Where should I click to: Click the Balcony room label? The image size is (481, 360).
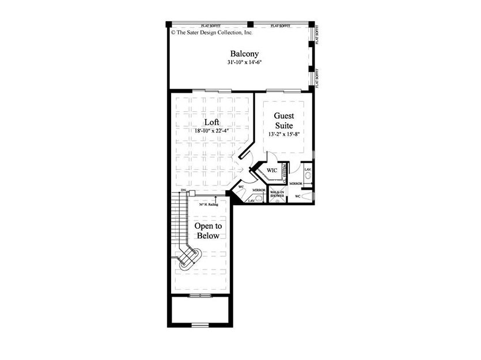tap(240, 54)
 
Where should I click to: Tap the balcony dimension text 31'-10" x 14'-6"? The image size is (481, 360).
tap(240, 62)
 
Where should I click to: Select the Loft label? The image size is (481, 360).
tap(211, 122)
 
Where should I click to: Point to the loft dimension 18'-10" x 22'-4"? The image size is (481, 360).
tap(211, 131)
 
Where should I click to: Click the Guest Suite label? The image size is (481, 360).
tap(283, 120)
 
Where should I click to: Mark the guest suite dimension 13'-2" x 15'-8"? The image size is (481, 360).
tap(283, 134)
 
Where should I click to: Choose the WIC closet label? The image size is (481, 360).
tap(271, 170)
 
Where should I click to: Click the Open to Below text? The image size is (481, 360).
tap(207, 231)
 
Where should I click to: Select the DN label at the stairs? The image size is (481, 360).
tap(183, 190)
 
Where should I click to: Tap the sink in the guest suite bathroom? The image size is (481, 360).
tap(308, 175)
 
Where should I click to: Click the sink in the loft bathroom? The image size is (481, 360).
tap(259, 198)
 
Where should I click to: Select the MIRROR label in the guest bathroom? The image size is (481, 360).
tap(297, 184)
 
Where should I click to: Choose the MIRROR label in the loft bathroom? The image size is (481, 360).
tap(259, 190)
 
